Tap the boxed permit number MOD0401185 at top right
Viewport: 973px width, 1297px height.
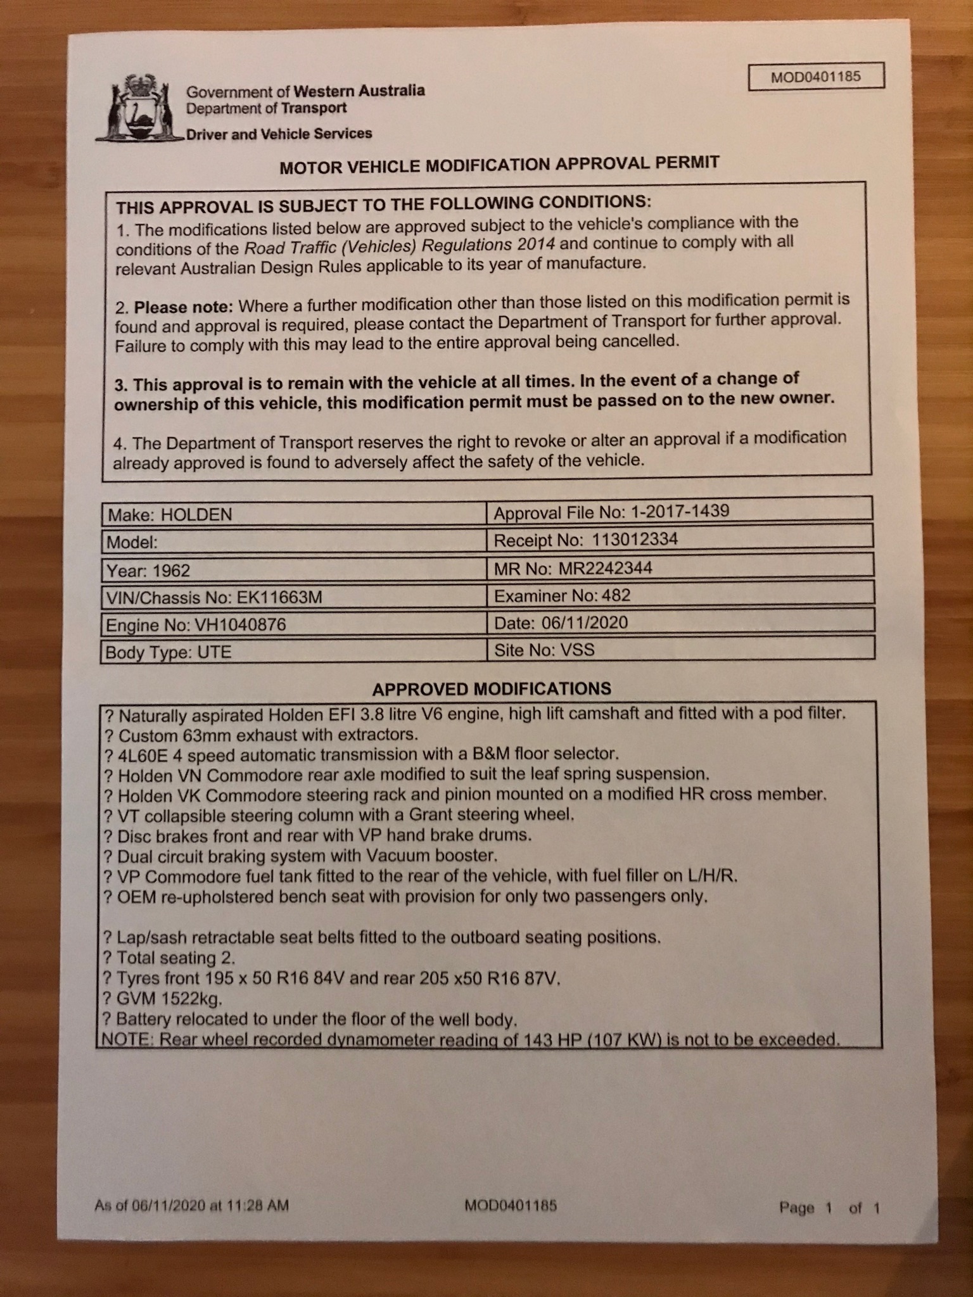[x=815, y=77]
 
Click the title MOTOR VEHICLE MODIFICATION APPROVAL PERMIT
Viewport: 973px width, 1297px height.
[x=499, y=165]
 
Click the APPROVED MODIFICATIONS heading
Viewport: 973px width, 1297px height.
[x=492, y=688]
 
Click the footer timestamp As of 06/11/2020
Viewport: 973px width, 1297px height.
[x=191, y=1205]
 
